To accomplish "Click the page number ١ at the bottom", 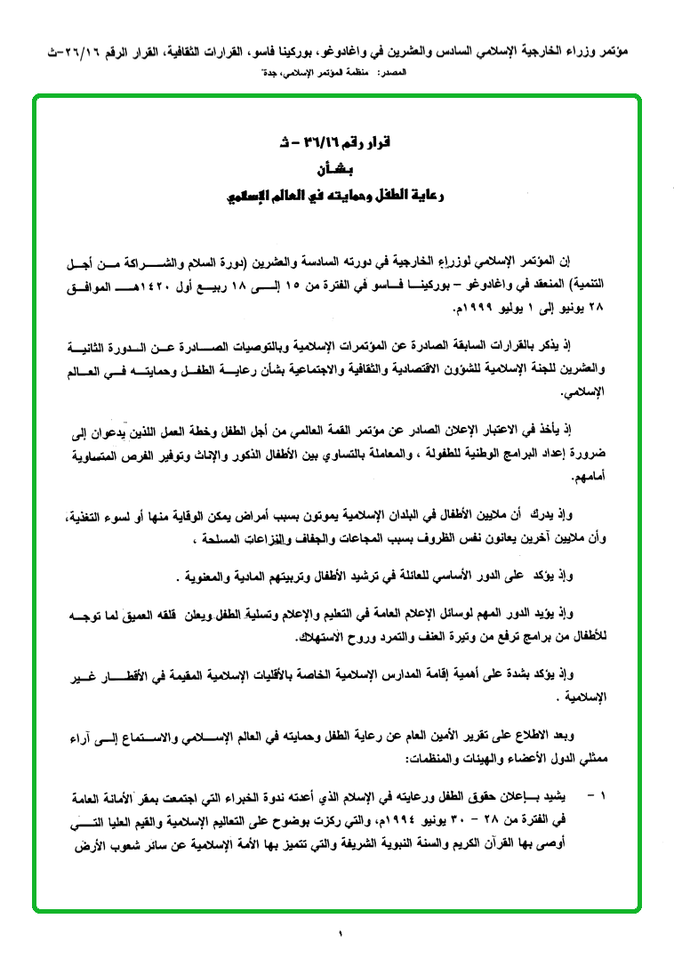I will (339, 932).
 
